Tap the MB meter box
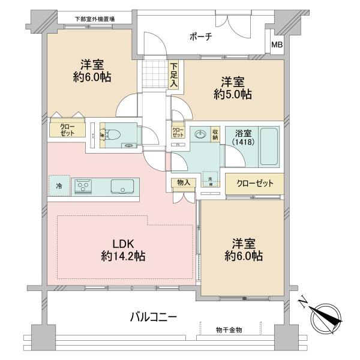[277, 44]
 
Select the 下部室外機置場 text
[94, 19]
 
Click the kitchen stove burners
[83, 187]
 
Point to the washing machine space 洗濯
[211, 179]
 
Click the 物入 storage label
[183, 183]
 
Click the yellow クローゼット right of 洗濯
[254, 183]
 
